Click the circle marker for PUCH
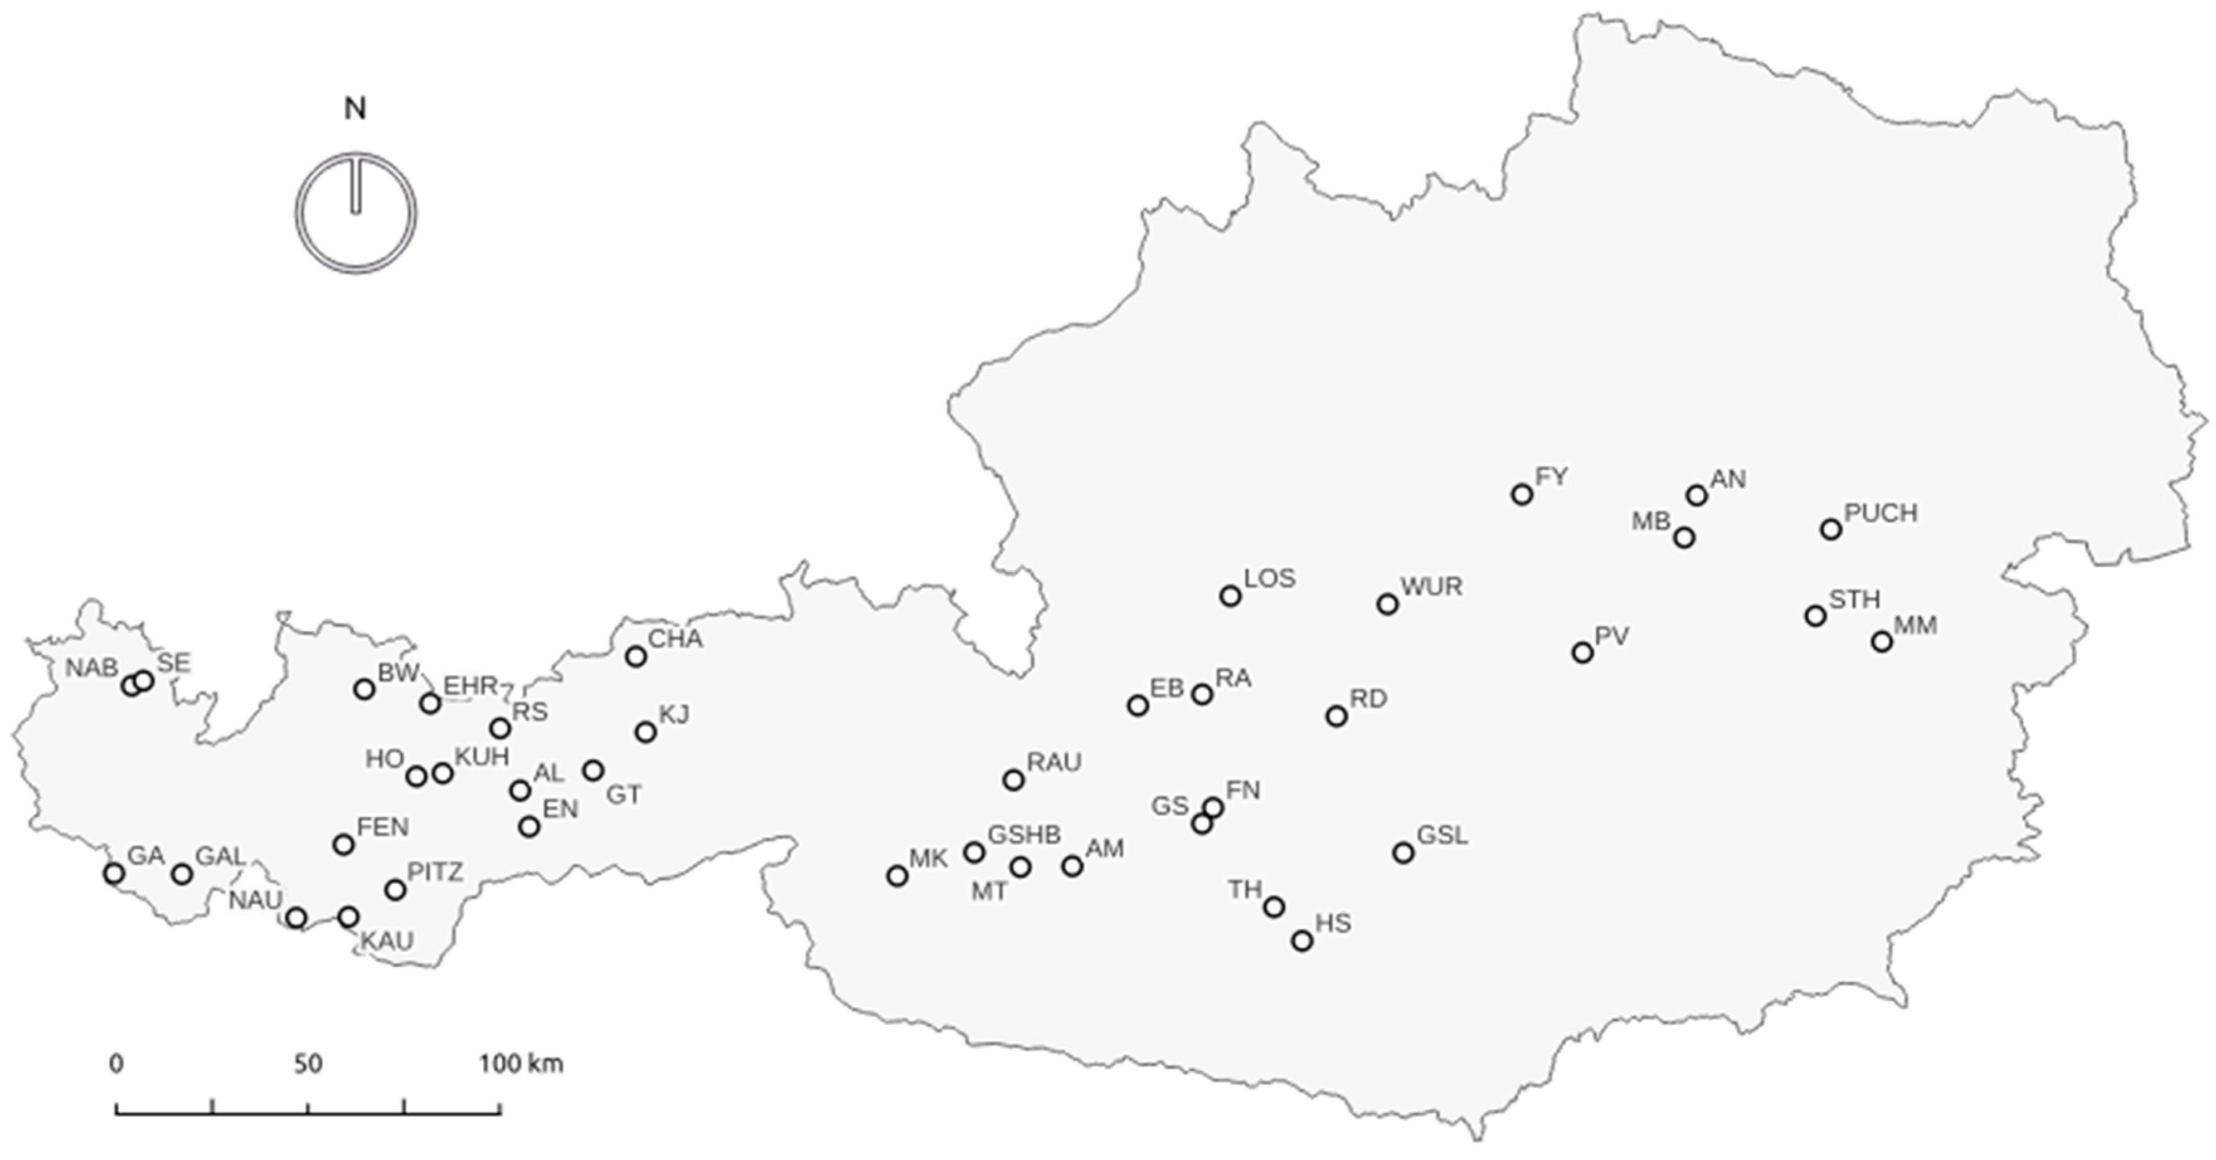click(x=1831, y=530)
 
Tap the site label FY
click(x=1552, y=476)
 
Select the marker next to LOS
click(x=1230, y=596)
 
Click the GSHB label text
click(x=1024, y=834)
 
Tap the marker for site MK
click(x=897, y=876)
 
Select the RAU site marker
click(x=1015, y=780)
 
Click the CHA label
click(x=675, y=639)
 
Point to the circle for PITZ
click(x=395, y=890)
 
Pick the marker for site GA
click(x=113, y=874)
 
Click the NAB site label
click(x=91, y=667)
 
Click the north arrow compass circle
click(x=356, y=213)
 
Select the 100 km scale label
click(x=521, y=1064)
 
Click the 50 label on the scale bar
click(x=308, y=1064)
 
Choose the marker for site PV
click(x=1582, y=653)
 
